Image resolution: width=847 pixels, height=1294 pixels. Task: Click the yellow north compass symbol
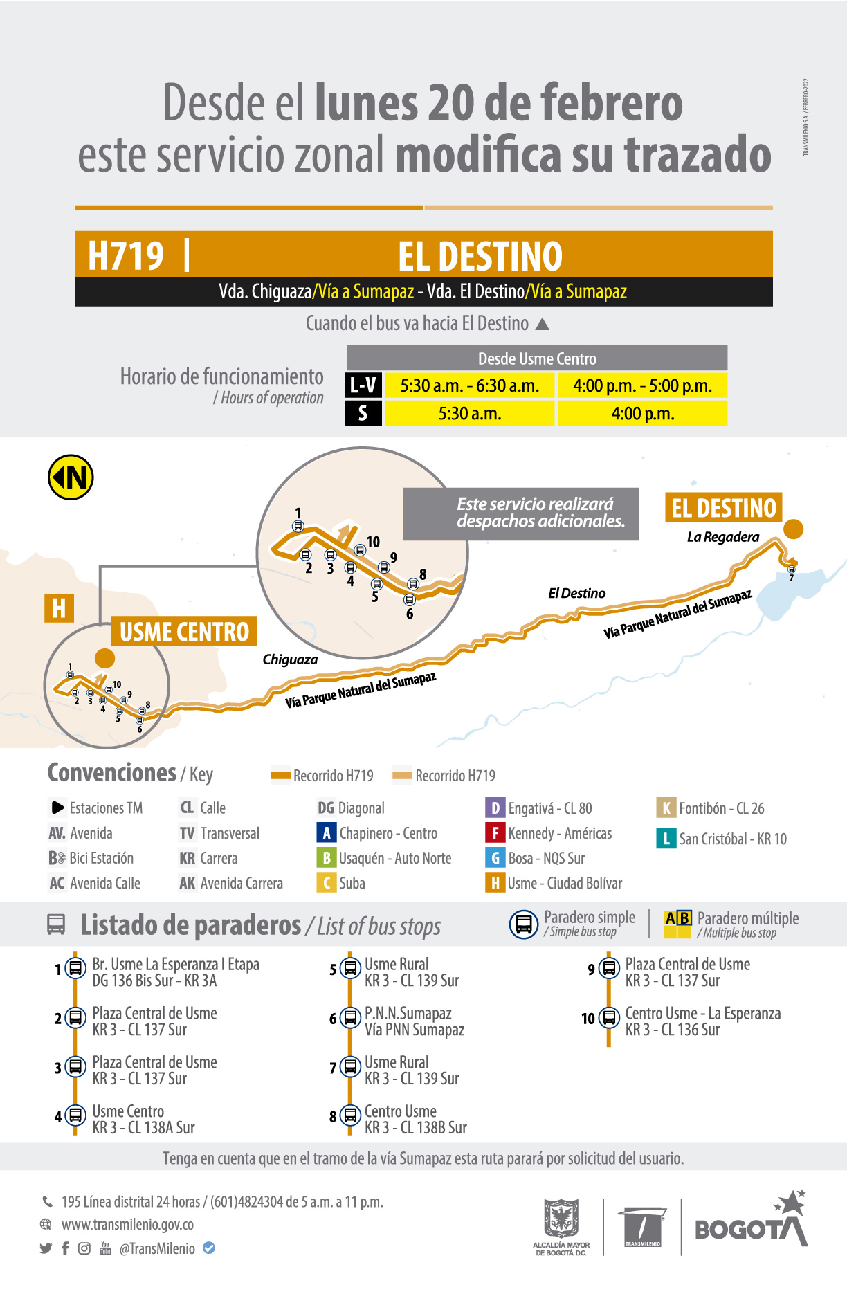click(x=71, y=477)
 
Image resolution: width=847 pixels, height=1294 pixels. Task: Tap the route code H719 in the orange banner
click(x=126, y=255)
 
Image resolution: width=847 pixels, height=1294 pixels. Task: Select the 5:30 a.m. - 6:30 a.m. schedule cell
click(x=469, y=385)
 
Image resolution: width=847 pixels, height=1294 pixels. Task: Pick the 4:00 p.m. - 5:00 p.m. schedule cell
click(x=642, y=385)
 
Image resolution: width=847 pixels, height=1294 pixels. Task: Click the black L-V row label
click(x=363, y=385)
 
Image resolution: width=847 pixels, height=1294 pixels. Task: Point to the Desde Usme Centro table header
click(x=537, y=358)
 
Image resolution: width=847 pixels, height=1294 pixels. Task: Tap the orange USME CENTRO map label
click(x=184, y=631)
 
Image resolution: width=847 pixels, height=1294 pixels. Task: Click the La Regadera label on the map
click(x=722, y=537)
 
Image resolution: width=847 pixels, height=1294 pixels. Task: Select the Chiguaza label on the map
click(x=290, y=659)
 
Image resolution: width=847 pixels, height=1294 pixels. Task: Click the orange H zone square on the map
click(x=59, y=608)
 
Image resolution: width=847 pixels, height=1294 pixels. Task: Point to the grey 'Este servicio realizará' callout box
click(x=521, y=513)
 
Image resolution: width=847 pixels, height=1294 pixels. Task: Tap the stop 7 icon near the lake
click(x=792, y=569)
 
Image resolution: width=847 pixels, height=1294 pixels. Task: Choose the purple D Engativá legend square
click(x=495, y=808)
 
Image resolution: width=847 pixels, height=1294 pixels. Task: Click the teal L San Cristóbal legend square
click(x=666, y=839)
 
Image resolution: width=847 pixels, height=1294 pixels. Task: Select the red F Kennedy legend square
click(x=495, y=832)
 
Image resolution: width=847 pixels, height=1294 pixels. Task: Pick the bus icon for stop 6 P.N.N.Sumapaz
click(x=350, y=1018)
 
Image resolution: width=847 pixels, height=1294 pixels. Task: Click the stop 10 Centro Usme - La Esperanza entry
click(x=702, y=1021)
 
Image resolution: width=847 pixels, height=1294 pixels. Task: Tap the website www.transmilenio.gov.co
click(x=127, y=1224)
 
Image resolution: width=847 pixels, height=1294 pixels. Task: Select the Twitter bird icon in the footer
click(x=46, y=1248)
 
